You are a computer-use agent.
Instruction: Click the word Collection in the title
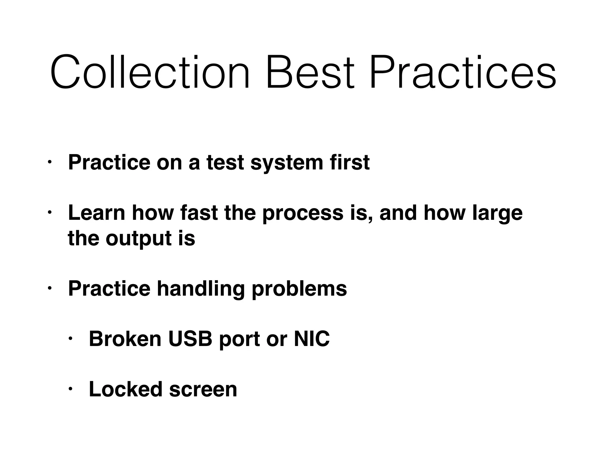pos(150,72)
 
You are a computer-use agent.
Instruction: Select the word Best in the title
pos(310,72)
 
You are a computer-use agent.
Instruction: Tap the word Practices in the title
pos(462,72)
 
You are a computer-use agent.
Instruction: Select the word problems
pos(299,289)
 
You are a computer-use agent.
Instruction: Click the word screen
pos(203,390)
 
